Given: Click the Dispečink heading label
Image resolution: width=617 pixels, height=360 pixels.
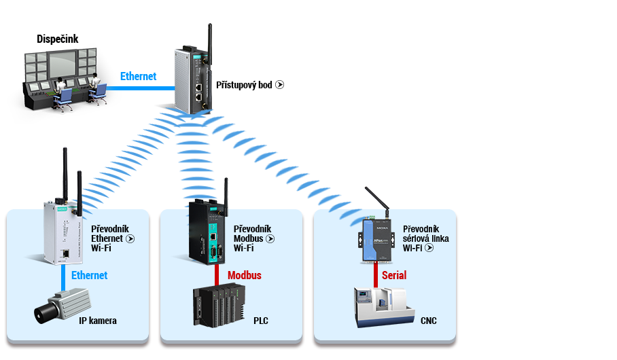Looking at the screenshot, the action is coord(58,39).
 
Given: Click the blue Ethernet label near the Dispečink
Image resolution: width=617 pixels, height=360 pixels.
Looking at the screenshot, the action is coord(138,76).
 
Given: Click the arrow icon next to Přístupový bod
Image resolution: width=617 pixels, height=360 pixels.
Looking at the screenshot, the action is coord(280,85).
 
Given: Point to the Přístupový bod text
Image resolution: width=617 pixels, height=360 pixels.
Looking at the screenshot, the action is coord(244,85).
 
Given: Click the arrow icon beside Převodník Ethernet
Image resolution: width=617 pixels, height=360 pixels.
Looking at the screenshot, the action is coord(130,239).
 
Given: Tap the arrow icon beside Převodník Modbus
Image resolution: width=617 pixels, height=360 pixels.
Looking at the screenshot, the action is coord(270,239).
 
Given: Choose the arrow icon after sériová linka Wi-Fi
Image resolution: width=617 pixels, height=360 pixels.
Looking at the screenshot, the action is coord(429,248).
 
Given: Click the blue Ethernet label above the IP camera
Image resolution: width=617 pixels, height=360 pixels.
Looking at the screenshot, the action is coord(89,275).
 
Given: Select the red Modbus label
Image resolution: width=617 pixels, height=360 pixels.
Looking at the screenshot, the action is coord(245,275).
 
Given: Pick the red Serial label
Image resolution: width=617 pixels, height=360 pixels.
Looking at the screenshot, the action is coord(394,275).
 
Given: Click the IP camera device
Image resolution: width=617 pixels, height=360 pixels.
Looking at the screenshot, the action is coord(62,306).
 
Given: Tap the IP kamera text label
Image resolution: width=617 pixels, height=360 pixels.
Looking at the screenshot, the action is coord(98,321).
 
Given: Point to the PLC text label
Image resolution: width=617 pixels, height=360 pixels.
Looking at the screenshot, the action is coord(261,321).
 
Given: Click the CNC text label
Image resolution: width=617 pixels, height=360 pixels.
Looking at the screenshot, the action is coord(429,321).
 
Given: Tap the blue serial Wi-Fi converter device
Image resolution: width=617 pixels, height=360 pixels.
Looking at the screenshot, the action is coord(376,240).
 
